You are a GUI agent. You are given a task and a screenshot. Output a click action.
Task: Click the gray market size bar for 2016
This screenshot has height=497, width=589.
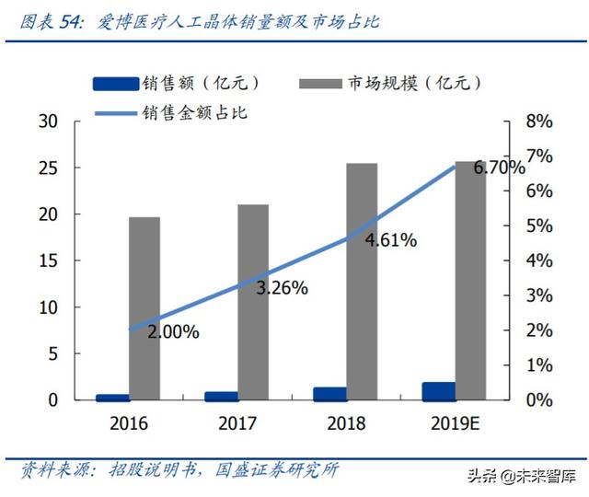tap(144, 308)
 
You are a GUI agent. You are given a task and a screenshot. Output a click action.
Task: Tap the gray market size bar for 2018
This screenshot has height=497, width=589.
tap(362, 282)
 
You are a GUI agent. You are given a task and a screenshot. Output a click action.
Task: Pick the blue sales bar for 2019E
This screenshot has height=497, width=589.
tap(438, 392)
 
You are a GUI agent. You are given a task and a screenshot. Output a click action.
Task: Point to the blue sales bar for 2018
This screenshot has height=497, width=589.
tap(329, 395)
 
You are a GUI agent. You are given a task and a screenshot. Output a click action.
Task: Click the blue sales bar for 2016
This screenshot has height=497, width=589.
tap(112, 398)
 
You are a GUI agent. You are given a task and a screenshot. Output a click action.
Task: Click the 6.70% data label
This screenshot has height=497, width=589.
tap(499, 168)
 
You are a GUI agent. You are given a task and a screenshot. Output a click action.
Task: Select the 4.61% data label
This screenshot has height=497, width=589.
tap(390, 240)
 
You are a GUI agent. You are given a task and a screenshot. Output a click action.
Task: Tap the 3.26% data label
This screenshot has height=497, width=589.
tap(282, 287)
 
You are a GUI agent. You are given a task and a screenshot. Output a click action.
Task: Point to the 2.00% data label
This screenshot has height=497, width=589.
tap(173, 332)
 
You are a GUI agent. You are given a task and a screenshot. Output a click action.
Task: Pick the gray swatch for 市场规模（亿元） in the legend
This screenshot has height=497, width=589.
tap(320, 84)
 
